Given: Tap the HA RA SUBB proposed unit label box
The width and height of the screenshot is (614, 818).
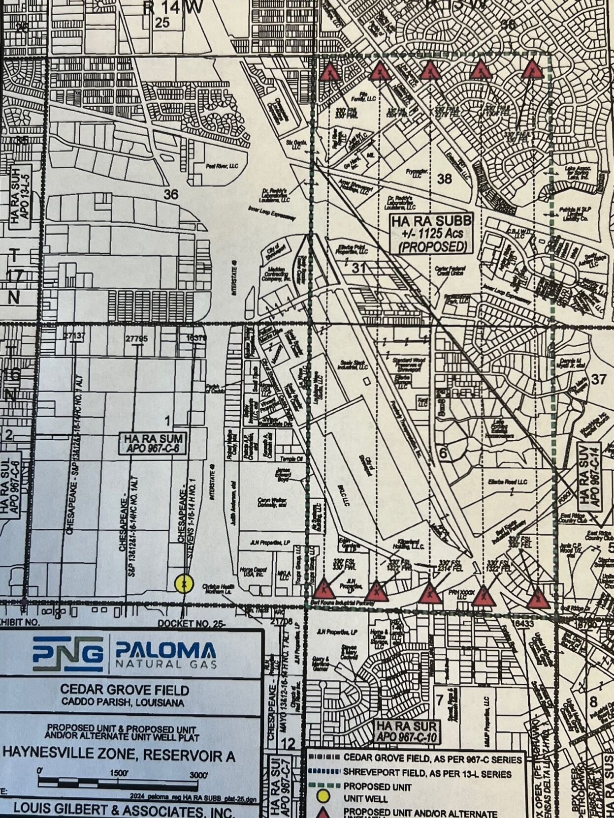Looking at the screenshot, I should coord(432,234).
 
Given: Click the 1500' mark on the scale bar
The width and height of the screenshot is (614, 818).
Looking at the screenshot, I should coord(119,773).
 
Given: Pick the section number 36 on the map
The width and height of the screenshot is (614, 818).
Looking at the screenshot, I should coord(170,194).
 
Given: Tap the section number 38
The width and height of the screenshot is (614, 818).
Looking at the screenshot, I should coord(444,179).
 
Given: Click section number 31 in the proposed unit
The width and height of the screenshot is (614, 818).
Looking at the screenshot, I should coord(359,268).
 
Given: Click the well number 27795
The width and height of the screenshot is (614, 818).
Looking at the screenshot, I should coord(136,339).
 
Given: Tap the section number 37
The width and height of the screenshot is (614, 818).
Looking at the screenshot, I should coord(598,379).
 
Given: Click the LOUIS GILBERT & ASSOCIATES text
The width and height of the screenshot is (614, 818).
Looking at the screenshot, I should coord(124,809).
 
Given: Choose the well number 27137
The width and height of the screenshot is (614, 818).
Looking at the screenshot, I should coord(75,335).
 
